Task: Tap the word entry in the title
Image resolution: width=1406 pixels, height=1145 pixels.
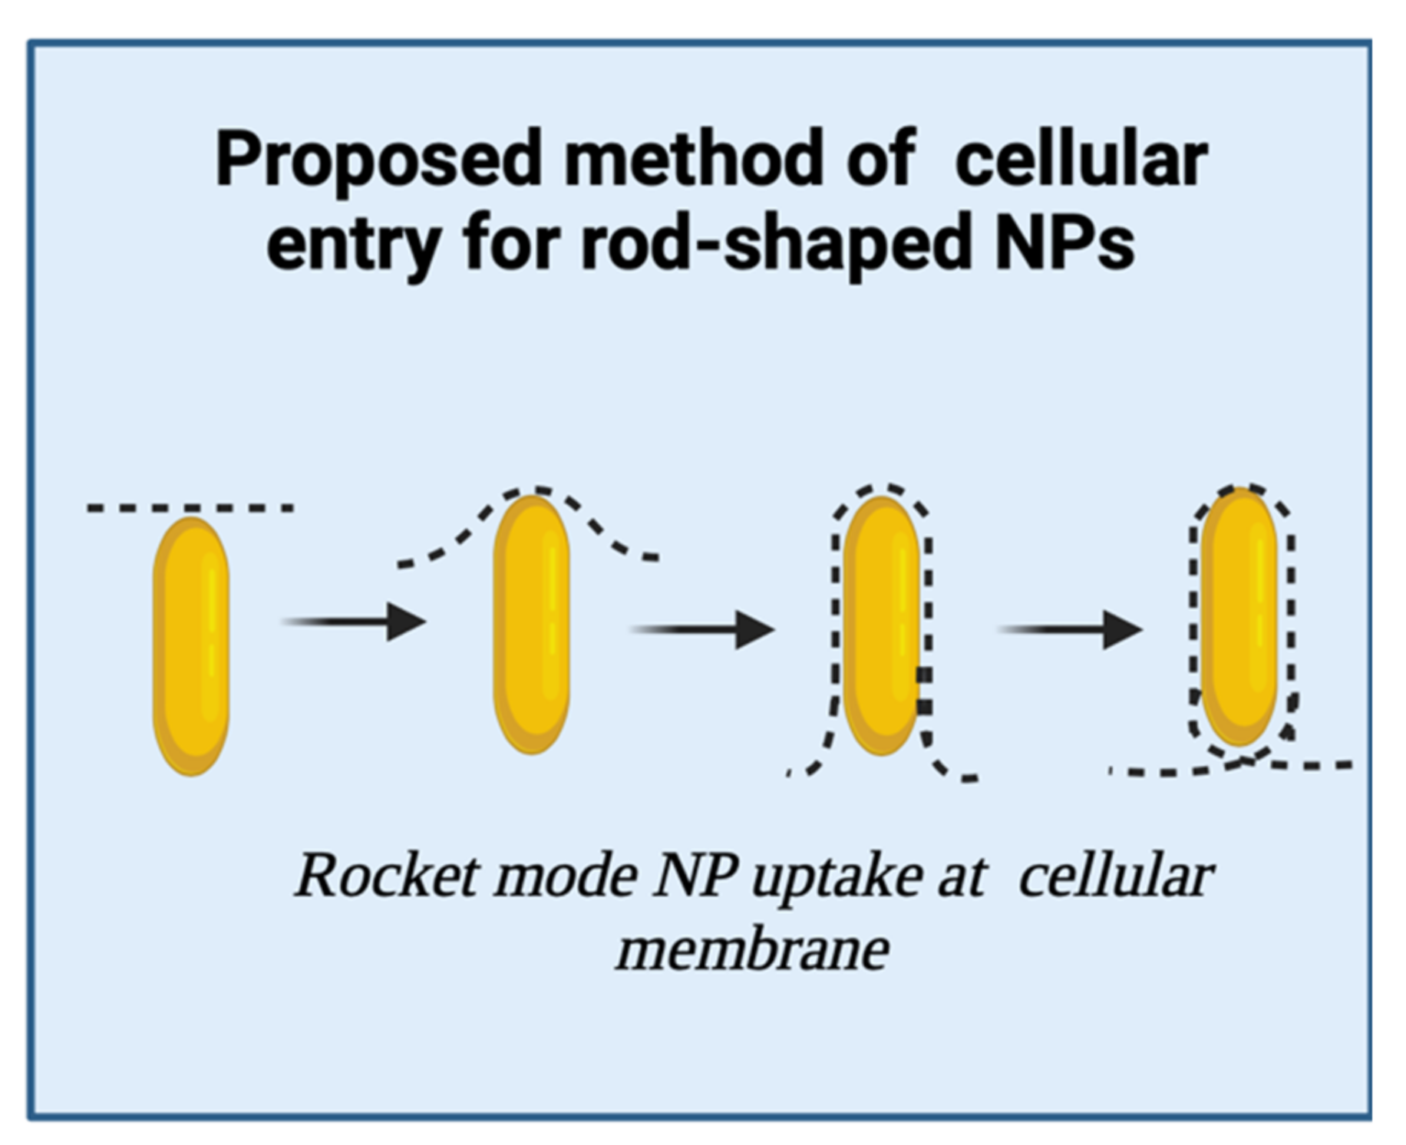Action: (352, 244)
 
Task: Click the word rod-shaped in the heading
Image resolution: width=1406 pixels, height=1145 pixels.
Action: (775, 244)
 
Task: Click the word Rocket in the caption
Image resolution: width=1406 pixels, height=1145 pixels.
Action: (387, 875)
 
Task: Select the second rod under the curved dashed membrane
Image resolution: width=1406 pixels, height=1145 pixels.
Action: (531, 623)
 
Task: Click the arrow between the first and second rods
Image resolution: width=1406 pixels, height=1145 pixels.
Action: (353, 621)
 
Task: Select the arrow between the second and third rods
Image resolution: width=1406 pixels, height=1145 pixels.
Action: (701, 629)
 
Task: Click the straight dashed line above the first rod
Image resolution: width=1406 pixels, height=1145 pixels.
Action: (190, 507)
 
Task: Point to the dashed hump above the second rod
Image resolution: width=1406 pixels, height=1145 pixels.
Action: (530, 491)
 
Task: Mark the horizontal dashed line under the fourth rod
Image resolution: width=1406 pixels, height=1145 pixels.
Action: (1320, 764)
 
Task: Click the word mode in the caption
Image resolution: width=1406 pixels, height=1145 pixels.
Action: (566, 875)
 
